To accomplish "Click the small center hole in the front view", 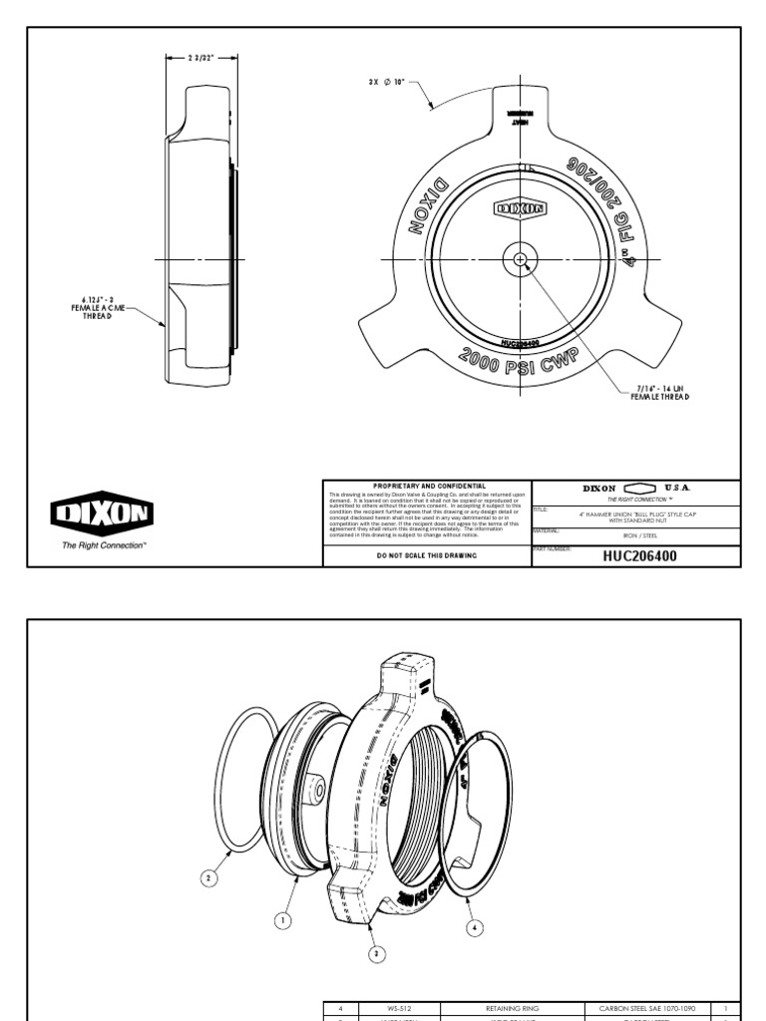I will point(521,259).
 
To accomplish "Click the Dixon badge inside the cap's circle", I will point(521,209).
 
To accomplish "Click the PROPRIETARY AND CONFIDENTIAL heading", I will point(429,486).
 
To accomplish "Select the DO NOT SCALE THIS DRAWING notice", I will point(429,556).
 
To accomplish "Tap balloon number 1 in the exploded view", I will point(283,921).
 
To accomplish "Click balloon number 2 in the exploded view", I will point(208,878).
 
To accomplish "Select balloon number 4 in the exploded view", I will point(475,927).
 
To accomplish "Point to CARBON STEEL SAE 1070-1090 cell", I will point(647,1009).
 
